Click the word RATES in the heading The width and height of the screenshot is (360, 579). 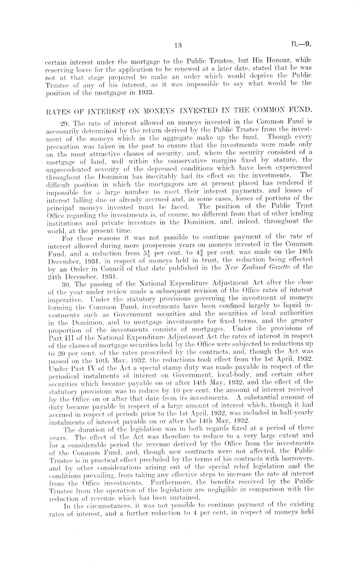[x=57, y=113]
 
